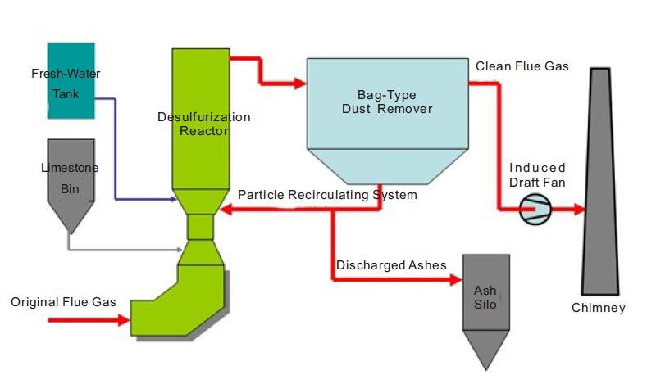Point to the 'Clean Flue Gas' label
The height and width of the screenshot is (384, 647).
522,66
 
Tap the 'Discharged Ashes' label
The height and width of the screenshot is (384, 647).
391,265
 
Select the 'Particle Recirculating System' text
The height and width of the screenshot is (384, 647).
327,195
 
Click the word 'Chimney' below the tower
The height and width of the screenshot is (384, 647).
598,308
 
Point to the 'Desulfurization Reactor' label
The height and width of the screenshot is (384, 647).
203,124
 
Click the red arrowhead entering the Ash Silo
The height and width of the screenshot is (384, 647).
457,280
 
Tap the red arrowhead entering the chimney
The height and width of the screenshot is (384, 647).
578,210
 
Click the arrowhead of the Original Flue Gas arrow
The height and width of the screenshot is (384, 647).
125,321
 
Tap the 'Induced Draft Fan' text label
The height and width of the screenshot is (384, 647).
537,174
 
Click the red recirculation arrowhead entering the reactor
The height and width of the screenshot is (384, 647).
225,210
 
